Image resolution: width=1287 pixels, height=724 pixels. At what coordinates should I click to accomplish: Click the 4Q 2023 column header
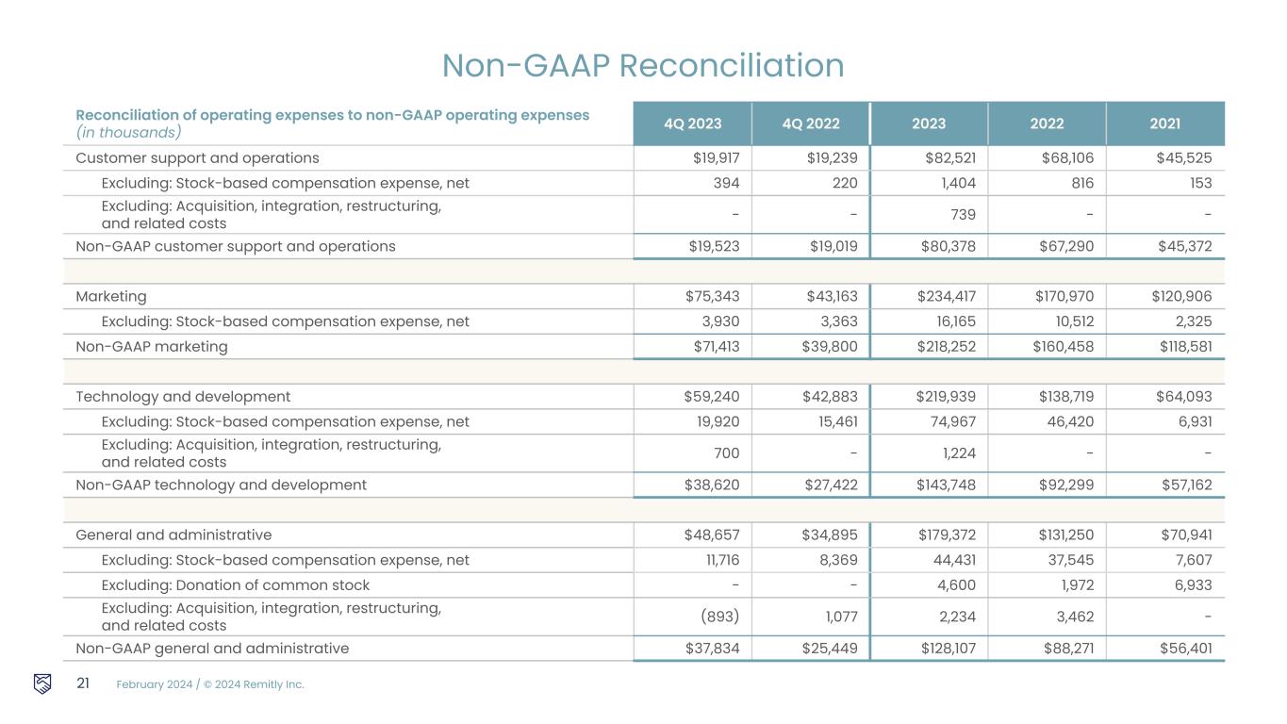tap(693, 123)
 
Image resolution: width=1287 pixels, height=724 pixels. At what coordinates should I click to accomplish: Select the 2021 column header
tap(1165, 123)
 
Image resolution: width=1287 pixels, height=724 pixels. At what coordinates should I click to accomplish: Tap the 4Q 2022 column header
tap(811, 123)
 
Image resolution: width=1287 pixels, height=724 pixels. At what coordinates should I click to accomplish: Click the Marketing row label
tap(111, 296)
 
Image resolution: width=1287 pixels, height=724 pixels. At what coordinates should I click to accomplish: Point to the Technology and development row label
tap(183, 397)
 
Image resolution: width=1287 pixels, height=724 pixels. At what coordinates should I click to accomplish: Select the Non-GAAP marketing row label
tap(152, 347)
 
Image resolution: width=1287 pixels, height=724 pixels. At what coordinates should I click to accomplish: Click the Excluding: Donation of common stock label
tap(235, 585)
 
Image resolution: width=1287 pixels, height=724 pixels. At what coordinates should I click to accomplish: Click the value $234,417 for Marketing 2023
tap(947, 296)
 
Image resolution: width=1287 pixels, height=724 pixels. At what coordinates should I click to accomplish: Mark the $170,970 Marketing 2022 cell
tap(1064, 296)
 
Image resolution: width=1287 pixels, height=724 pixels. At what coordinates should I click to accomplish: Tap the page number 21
tap(82, 683)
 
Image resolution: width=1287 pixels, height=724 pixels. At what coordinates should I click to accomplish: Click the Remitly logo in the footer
tap(42, 683)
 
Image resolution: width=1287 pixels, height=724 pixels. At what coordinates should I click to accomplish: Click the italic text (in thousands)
tap(128, 132)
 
